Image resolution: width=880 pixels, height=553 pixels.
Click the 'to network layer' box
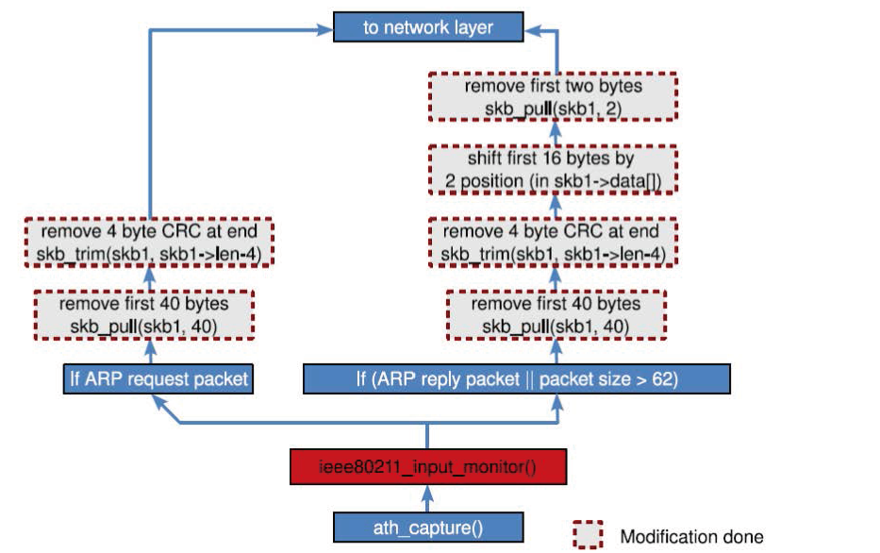pyautogui.click(x=428, y=26)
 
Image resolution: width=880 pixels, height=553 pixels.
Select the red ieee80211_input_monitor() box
pyautogui.click(x=427, y=466)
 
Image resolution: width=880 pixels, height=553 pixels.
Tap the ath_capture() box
pyautogui.click(x=427, y=527)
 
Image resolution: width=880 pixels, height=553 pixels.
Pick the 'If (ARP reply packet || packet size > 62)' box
pyautogui.click(x=516, y=379)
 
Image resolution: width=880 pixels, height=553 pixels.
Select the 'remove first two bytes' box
pyautogui.click(x=554, y=97)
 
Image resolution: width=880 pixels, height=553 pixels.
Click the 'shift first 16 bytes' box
pyautogui.click(x=554, y=169)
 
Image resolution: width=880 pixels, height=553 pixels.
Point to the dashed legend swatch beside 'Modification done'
pyautogui.click(x=589, y=535)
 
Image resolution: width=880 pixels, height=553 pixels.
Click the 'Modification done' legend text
pyautogui.click(x=691, y=536)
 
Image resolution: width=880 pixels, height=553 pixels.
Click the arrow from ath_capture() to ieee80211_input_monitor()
pyautogui.click(x=427, y=496)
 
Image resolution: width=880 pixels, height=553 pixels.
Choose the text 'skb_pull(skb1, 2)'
pyautogui.click(x=554, y=108)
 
